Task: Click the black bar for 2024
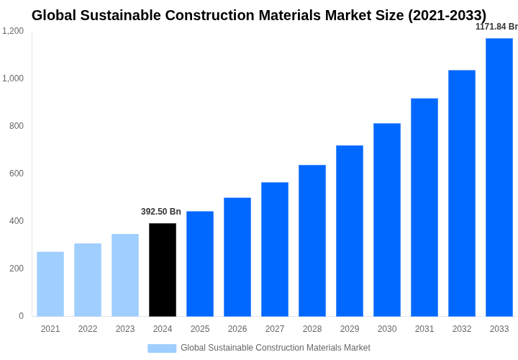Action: [x=163, y=270]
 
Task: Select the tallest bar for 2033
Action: [x=499, y=177]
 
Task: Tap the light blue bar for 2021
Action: [x=50, y=284]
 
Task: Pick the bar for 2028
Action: [x=312, y=240]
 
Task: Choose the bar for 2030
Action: [x=387, y=220]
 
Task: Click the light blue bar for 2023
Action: [x=125, y=275]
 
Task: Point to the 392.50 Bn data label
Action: [x=161, y=212]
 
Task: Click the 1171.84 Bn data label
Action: [x=496, y=27]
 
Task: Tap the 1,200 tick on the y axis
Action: [x=13, y=31]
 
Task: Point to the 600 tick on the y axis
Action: [x=16, y=174]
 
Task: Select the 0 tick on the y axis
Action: [x=21, y=316]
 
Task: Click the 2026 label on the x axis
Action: [x=237, y=329]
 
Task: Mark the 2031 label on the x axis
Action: [x=424, y=329]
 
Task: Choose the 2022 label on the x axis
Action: [x=88, y=329]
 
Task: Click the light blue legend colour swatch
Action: [x=162, y=348]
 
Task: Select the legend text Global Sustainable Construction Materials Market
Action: [x=276, y=348]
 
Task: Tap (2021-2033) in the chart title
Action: [x=447, y=15]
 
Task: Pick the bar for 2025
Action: [x=200, y=264]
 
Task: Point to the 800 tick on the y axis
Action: [x=16, y=126]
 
